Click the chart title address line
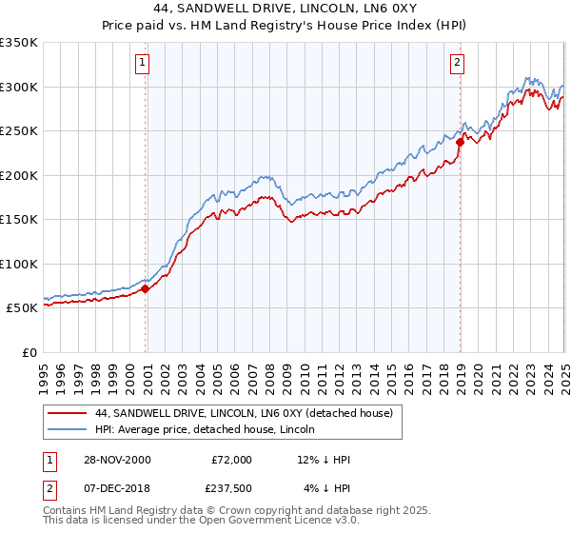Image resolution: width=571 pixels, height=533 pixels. click(x=285, y=9)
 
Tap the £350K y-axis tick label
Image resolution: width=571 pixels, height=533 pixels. click(x=19, y=43)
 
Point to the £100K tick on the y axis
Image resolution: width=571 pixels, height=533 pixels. click(x=19, y=264)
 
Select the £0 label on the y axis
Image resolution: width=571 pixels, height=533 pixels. click(x=29, y=352)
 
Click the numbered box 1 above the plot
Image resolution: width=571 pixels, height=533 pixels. click(x=141, y=64)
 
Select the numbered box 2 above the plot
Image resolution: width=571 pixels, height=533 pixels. click(x=458, y=64)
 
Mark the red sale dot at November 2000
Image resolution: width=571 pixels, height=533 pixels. click(x=146, y=288)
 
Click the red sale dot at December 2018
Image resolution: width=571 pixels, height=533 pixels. click(x=459, y=143)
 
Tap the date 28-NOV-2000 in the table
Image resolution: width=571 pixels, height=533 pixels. click(x=116, y=460)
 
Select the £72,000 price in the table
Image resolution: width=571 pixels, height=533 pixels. click(x=231, y=460)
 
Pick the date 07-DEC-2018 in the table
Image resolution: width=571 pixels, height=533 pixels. click(x=116, y=489)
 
